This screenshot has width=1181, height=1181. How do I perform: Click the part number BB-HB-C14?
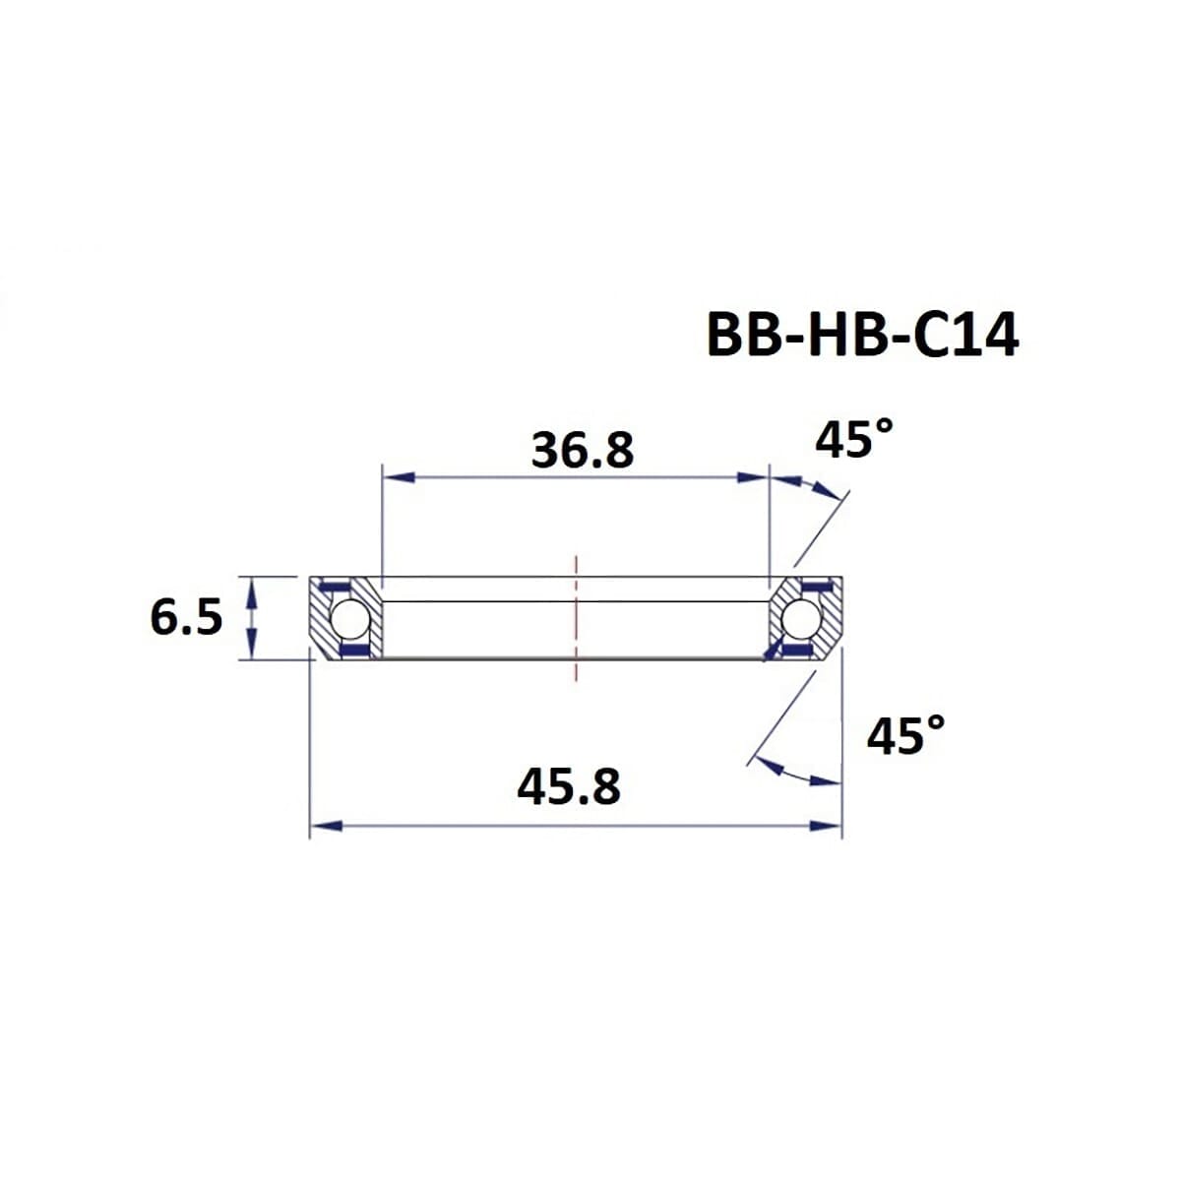click(863, 337)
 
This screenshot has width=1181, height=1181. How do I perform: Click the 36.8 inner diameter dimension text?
click(583, 452)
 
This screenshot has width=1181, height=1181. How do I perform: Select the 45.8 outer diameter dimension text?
click(569, 787)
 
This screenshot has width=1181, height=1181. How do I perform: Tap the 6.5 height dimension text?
click(186, 619)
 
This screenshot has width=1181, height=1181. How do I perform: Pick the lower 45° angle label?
click(905, 735)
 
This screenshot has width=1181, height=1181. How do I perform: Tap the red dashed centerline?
click(577, 618)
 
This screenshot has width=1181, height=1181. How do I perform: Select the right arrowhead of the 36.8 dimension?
click(753, 477)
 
